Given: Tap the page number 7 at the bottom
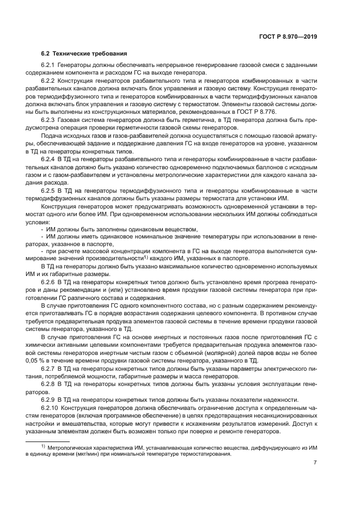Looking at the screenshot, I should (x=315, y=463).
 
